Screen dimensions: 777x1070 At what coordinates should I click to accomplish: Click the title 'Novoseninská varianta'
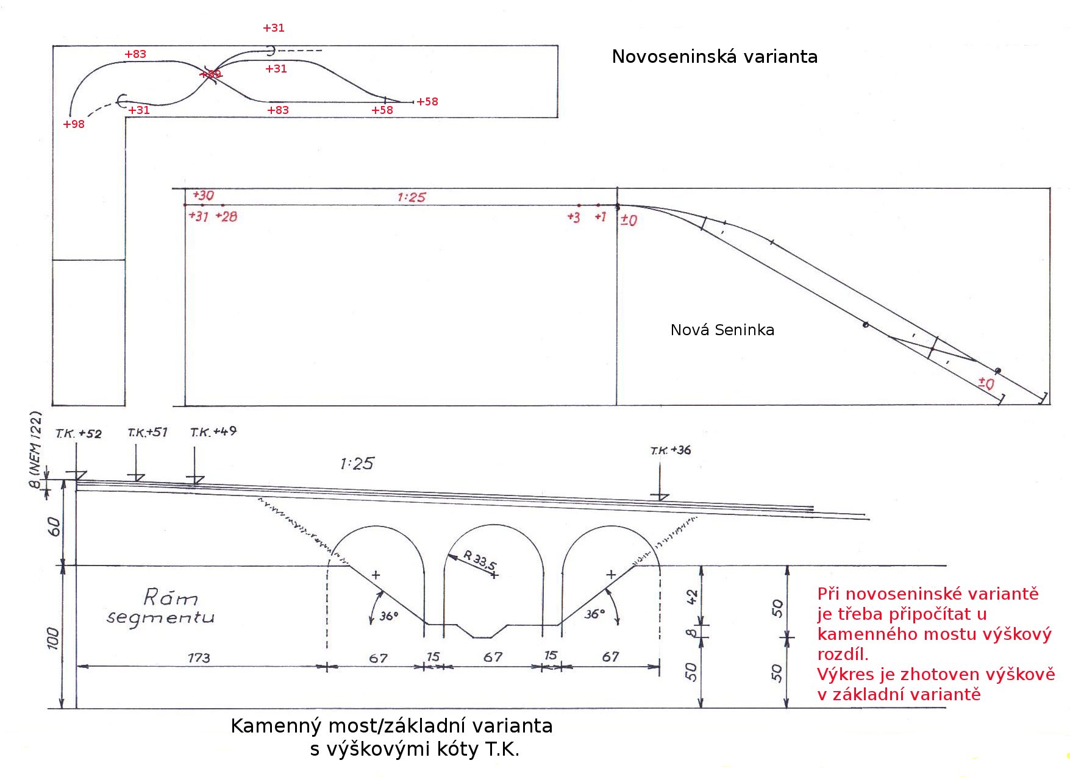(715, 57)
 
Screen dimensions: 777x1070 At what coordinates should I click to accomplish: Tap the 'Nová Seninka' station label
(722, 330)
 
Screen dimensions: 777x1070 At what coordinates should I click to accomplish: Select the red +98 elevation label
(74, 124)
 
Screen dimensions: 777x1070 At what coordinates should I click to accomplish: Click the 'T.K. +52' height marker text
(79, 434)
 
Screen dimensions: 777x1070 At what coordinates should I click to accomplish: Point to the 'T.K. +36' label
(671, 450)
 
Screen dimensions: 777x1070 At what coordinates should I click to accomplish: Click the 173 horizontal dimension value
(199, 658)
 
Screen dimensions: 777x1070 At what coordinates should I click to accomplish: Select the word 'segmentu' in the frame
(160, 617)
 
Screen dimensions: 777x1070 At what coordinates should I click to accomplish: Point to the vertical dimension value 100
(54, 638)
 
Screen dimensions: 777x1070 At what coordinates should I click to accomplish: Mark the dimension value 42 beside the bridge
(692, 597)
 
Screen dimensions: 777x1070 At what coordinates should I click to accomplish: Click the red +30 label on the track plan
(204, 196)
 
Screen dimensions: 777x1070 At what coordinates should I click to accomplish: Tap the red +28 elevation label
(227, 216)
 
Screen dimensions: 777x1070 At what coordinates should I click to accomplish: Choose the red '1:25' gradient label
(412, 197)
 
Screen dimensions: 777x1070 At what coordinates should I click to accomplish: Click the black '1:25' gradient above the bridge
(357, 464)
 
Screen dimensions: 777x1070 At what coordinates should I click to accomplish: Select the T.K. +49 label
(213, 432)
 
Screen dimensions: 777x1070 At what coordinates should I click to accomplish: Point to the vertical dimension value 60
(54, 527)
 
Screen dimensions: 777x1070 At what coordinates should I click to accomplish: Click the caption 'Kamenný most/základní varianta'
(391, 726)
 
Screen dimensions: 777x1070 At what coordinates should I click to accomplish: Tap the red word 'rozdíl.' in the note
(843, 655)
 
